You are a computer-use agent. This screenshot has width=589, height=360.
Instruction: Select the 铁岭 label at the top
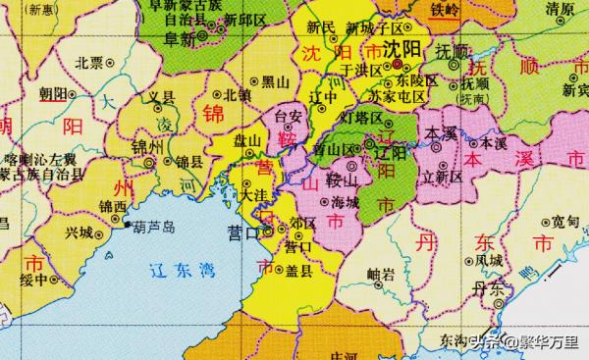[445, 9]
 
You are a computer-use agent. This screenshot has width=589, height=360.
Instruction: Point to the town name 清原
[561, 10]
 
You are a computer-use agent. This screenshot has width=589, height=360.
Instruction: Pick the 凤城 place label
[488, 260]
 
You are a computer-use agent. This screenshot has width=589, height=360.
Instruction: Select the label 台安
[287, 116]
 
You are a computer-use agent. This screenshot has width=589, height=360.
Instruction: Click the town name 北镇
[239, 96]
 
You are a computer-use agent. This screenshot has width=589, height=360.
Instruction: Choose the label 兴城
[79, 232]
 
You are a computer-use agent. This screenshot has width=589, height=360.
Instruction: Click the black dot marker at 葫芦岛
[131, 226]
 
